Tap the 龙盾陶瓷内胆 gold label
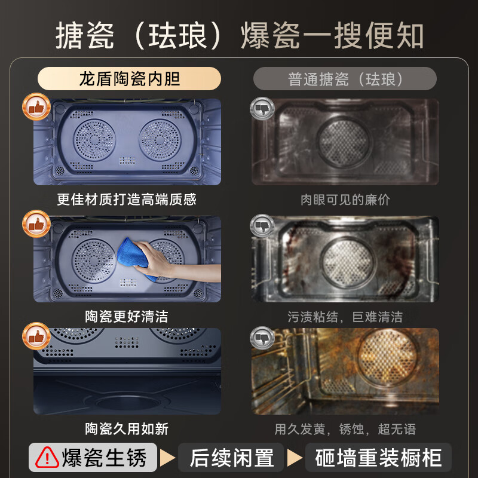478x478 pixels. [129, 79]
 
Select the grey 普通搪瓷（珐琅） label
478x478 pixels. [345, 79]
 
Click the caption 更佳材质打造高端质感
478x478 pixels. [127, 199]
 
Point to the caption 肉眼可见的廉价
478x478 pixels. [345, 200]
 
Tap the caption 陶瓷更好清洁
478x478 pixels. [127, 316]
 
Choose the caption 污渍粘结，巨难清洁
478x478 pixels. [345, 317]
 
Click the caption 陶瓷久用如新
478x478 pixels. [127, 428]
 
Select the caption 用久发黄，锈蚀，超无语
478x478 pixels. [345, 429]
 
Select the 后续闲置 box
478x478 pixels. [232, 458]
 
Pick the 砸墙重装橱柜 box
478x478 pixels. [379, 458]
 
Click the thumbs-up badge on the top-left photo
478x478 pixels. [36, 108]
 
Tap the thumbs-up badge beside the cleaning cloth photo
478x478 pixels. [36, 225]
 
